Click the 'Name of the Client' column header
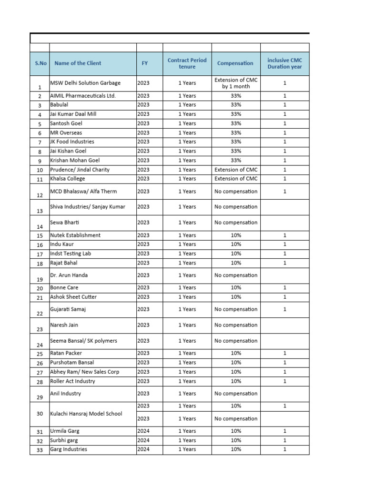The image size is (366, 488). tap(78, 63)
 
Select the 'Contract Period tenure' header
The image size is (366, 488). tap(187, 63)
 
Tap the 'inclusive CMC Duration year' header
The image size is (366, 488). tap(285, 63)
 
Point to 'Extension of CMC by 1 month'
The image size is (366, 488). tap(235, 83)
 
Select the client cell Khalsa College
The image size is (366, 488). tap(68, 179)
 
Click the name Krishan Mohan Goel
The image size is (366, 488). tap(75, 160)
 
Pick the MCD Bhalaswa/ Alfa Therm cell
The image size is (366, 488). tap(83, 191)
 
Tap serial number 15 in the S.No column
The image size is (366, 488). tap(40, 235)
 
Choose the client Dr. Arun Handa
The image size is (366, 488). tap(69, 275)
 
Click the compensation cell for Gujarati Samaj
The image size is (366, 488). tap(235, 309)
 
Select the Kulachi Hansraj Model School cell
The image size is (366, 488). tap(86, 414)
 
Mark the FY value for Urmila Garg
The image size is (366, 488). tap(143, 431)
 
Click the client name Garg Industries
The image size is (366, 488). tap(69, 449)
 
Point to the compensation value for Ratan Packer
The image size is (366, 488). tap(235, 353)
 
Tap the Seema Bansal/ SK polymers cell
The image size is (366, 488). tap(83, 341)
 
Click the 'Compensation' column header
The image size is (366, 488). tap(235, 63)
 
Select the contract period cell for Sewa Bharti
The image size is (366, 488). tap(187, 223)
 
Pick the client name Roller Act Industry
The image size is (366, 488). tap(72, 381)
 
